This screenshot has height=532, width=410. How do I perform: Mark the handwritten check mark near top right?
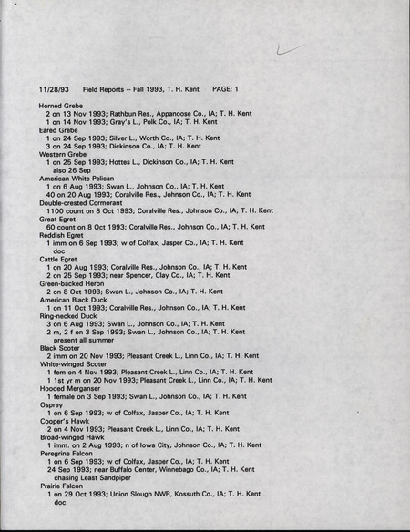click(x=289, y=51)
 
